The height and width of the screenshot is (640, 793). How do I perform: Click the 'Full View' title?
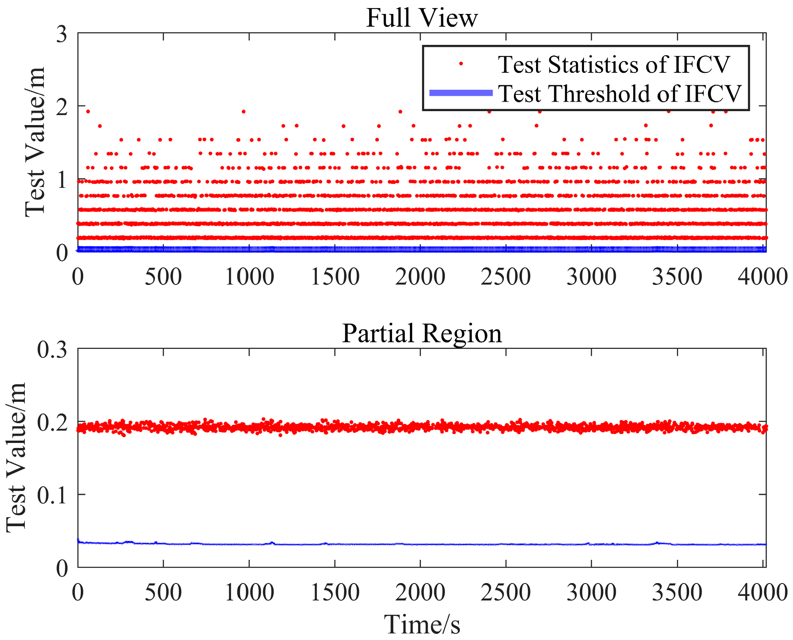[422, 18]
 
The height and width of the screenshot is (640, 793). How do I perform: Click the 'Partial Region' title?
[422, 333]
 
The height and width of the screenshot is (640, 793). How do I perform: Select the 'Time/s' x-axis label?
[422, 625]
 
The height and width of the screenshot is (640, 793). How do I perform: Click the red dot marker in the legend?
[461, 64]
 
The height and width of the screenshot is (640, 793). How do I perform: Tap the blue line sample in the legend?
[461, 93]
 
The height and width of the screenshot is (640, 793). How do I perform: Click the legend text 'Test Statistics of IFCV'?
[613, 64]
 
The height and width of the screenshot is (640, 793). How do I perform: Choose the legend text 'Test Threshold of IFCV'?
[619, 94]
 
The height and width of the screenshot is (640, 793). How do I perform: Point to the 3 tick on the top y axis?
[62, 34]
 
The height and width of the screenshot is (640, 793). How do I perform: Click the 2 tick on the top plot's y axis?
[62, 107]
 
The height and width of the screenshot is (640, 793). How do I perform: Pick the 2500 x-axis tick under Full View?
[506, 277]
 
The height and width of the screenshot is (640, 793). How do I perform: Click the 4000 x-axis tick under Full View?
[762, 277]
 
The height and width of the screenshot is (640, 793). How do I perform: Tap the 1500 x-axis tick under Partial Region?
[335, 592]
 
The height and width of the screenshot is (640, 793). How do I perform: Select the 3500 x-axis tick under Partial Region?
[677, 592]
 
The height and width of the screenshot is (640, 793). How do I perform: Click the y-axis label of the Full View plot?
[35, 142]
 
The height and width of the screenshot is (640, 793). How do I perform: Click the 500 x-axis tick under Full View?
[163, 277]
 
